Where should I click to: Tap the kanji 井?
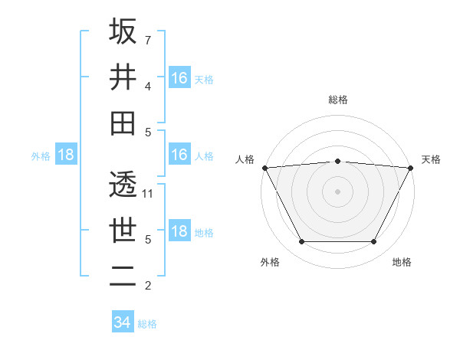pyautogui.click(x=123, y=77)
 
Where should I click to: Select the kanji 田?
pyautogui.click(x=123, y=123)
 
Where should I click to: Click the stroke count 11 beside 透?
pyautogui.click(x=148, y=193)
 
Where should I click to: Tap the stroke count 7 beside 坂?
pyautogui.click(x=147, y=40)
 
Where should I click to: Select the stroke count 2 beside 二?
pyautogui.click(x=147, y=286)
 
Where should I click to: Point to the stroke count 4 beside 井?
pyautogui.click(x=147, y=86)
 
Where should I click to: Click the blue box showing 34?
pyautogui.click(x=122, y=322)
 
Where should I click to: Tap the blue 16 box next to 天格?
pyautogui.click(x=179, y=77)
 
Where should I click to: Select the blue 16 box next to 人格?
pyautogui.click(x=179, y=155)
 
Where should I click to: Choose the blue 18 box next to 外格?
pyautogui.click(x=66, y=155)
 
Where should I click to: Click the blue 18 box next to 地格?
pyautogui.click(x=179, y=232)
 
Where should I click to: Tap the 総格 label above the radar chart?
pyautogui.click(x=337, y=100)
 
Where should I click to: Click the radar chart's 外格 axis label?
pyautogui.click(x=270, y=263)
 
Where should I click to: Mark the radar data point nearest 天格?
pyautogui.click(x=411, y=168)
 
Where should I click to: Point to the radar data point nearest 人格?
pyautogui.click(x=264, y=168)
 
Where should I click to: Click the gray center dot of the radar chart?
pyautogui.click(x=337, y=191)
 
